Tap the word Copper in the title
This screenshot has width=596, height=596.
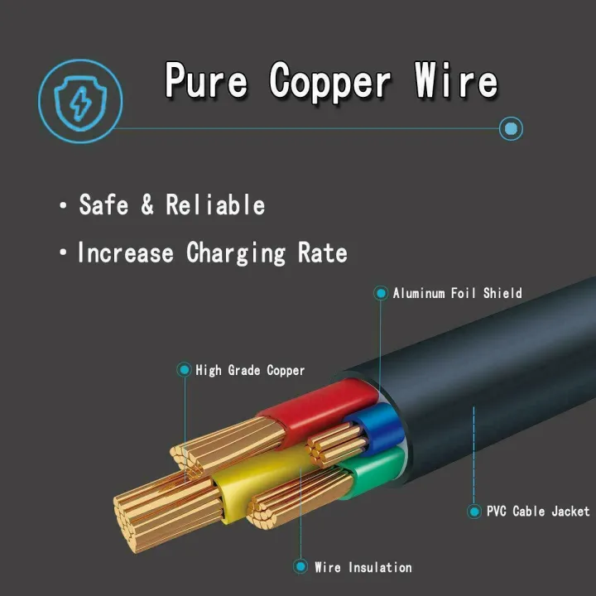click(329, 81)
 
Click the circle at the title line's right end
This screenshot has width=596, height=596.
click(512, 128)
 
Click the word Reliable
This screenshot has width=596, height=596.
click(215, 204)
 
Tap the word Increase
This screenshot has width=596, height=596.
click(126, 252)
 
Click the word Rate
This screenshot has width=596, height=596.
click(322, 252)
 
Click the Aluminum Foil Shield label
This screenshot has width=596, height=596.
click(457, 293)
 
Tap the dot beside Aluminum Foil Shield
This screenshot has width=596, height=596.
click(381, 293)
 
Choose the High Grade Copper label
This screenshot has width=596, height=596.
click(250, 370)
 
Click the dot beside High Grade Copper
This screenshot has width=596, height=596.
click(184, 370)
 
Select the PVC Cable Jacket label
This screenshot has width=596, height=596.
click(538, 512)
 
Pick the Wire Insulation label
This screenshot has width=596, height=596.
click(363, 567)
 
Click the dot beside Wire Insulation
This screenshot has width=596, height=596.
click(300, 567)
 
